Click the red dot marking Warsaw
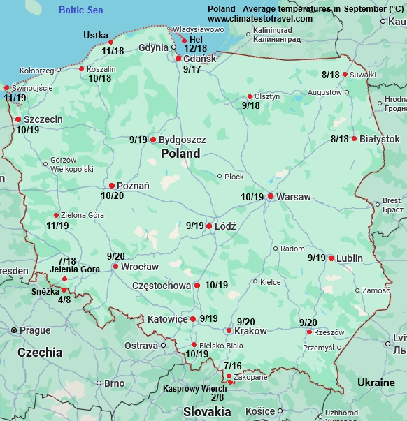coord(271,196)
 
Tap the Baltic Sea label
coord(80,10)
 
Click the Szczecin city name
coord(43,119)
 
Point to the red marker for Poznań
coord(112,186)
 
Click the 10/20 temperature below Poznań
coord(113,196)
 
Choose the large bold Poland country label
coord(180,153)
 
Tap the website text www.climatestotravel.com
coord(260,18)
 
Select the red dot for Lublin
coord(331,258)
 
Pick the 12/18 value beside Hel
coord(195,48)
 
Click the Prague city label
coord(35,330)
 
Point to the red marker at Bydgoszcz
coord(153,140)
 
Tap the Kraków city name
coord(251,331)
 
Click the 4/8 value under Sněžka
coord(64,300)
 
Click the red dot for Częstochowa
coord(197,286)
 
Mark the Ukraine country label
coord(376,383)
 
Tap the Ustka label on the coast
coord(96,35)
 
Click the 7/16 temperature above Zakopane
coord(233,366)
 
